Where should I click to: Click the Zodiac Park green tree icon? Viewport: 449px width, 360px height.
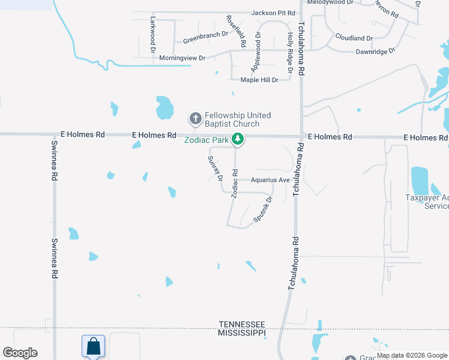[x=238, y=139]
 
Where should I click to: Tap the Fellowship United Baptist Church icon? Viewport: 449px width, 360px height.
[x=195, y=119]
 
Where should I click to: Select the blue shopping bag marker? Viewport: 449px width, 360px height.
[x=93, y=346]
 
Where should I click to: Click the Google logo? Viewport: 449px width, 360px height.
[x=20, y=353]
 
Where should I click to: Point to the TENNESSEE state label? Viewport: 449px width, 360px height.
[x=241, y=324]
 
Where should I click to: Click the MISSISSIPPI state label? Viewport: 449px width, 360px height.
[x=241, y=332]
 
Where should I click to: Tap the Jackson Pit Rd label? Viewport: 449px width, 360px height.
[x=273, y=13]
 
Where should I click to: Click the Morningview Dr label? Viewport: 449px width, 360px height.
[x=182, y=58]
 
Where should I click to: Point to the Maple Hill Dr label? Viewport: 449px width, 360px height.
[x=259, y=80]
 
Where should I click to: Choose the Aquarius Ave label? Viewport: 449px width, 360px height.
[x=270, y=180]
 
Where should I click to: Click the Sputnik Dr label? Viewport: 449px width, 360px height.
[x=263, y=209]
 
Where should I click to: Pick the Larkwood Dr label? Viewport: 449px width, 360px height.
[x=152, y=31]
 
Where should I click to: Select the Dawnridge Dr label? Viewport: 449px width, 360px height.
[x=375, y=52]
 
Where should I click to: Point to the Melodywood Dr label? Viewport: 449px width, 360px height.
[x=330, y=2]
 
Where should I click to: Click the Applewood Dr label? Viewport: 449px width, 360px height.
[x=259, y=51]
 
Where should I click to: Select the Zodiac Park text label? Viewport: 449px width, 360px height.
[x=208, y=140]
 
